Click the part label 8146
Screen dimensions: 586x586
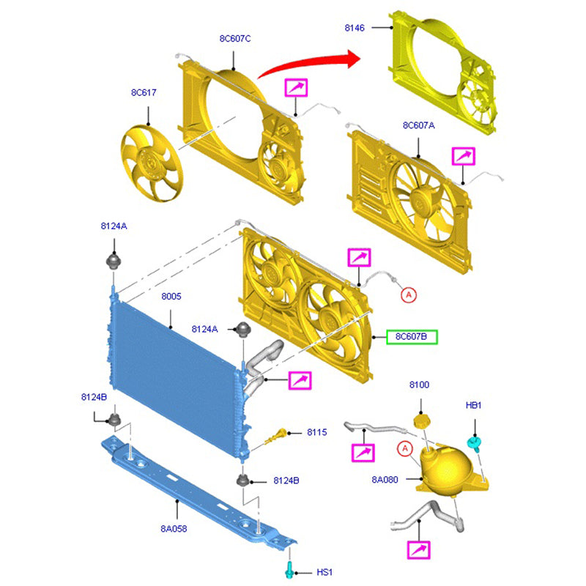point(355,28)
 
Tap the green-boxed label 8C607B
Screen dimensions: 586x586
point(412,337)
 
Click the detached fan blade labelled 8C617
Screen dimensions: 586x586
point(152,163)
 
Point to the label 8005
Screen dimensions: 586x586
point(171,297)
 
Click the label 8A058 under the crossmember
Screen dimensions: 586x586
point(174,528)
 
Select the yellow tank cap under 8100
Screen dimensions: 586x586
point(422,422)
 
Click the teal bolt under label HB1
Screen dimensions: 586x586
point(474,444)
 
